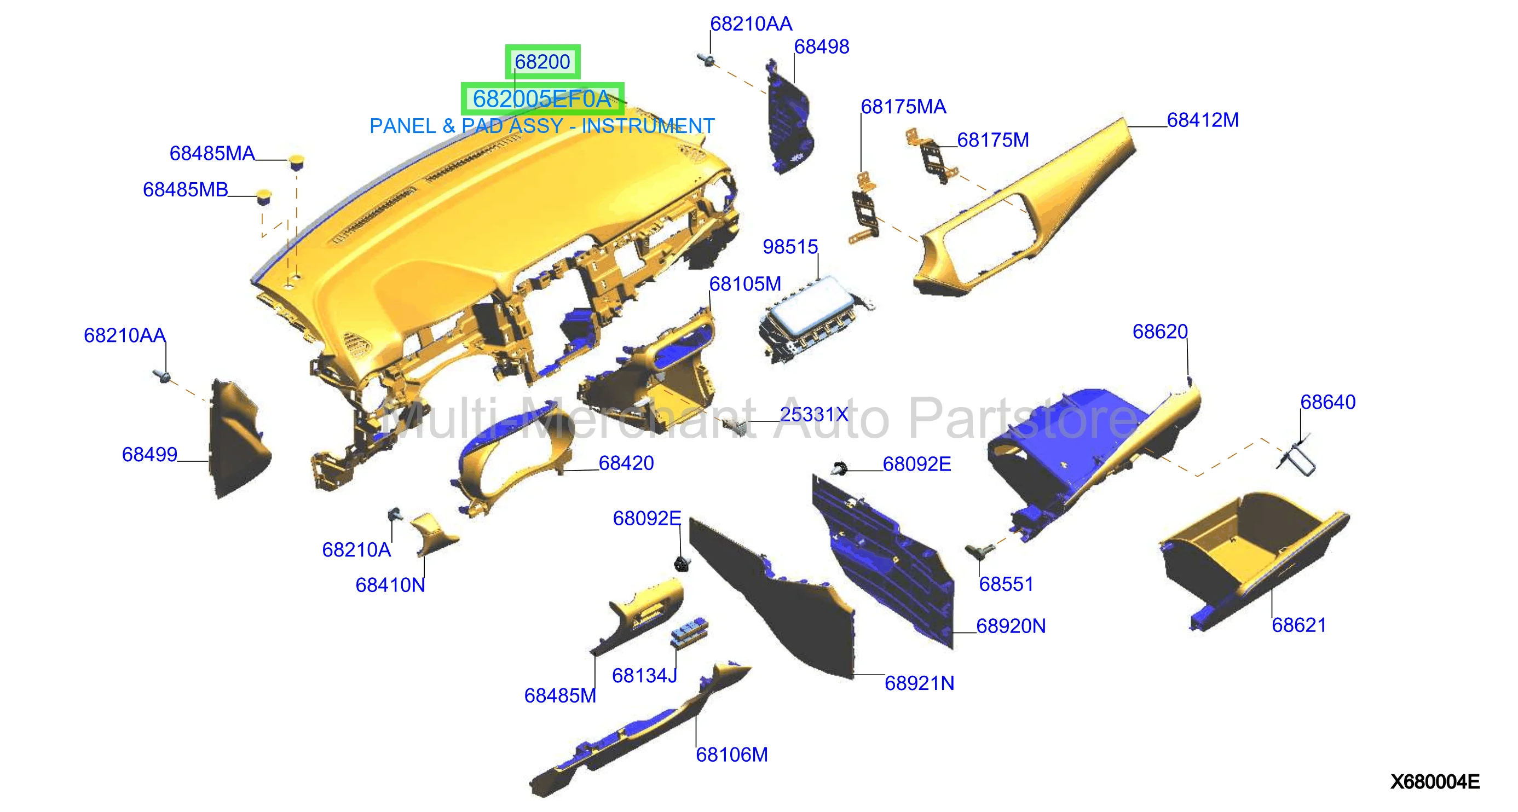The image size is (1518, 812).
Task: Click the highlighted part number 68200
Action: (542, 62)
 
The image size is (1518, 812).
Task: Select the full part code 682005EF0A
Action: (542, 99)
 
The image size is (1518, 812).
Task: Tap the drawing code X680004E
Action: (1435, 782)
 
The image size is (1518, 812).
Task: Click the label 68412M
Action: (1203, 120)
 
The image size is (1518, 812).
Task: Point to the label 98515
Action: (790, 247)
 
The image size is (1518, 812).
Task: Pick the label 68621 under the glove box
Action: (1299, 625)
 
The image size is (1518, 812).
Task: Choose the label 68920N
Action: (1011, 626)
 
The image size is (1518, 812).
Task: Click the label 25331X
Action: (814, 415)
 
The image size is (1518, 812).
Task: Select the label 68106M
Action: (732, 755)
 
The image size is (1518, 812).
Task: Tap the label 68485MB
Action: (185, 190)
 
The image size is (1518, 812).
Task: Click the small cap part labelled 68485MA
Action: (296, 161)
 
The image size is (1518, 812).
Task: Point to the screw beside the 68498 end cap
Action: (707, 60)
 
